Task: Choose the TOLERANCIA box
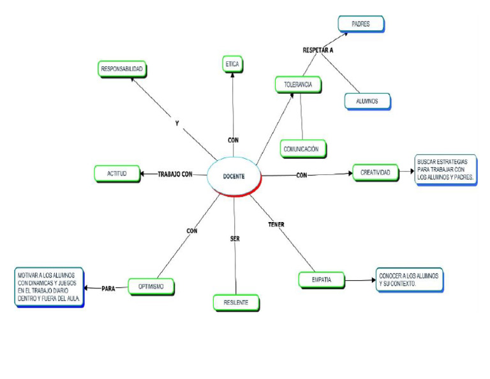(x=298, y=84)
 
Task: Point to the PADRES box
(x=360, y=24)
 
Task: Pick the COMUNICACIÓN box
(x=304, y=149)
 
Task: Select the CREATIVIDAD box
(x=376, y=172)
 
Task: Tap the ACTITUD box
(x=117, y=174)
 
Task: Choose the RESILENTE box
(x=236, y=302)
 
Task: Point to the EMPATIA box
(x=321, y=279)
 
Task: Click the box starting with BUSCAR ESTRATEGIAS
(x=445, y=170)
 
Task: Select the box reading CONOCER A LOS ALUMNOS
(x=408, y=279)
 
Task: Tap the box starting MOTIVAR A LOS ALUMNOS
(x=50, y=288)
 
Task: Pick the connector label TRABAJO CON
(x=175, y=174)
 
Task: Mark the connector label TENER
(x=276, y=225)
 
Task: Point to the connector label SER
(x=234, y=238)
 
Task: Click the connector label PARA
(x=108, y=288)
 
